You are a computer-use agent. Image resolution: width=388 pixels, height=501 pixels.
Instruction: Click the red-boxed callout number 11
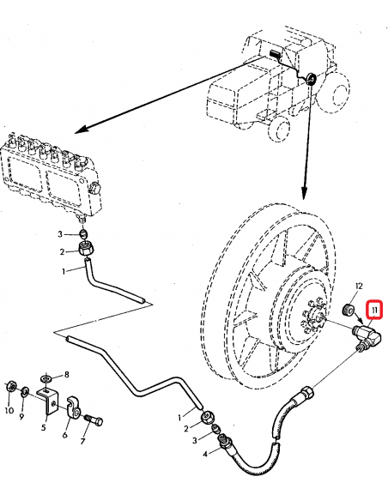pyautogui.click(x=373, y=310)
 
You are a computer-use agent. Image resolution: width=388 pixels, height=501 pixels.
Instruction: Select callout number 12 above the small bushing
pyautogui.click(x=360, y=287)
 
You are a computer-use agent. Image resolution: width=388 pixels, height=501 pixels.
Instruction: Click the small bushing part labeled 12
pyautogui.click(x=349, y=308)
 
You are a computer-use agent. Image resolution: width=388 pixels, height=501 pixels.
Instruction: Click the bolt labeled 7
pyautogui.click(x=96, y=420)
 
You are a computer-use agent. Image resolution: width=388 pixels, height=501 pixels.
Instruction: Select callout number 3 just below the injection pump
pyautogui.click(x=59, y=233)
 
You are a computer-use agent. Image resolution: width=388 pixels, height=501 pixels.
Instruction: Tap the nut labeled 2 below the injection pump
pyautogui.click(x=85, y=250)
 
